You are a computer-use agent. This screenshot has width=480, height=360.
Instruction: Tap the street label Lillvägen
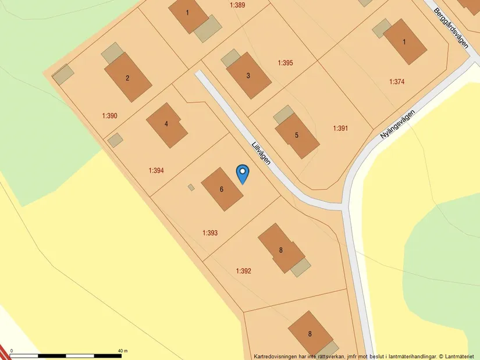[x=262, y=154]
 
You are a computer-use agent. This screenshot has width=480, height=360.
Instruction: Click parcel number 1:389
[x=237, y=5]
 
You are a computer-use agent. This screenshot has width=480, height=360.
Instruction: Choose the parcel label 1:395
[x=285, y=63]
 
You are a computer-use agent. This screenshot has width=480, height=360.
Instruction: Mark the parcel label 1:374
[x=397, y=82]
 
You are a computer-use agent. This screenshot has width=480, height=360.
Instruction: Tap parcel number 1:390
[x=109, y=116]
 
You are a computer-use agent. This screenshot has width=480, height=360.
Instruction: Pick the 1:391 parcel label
[x=340, y=129]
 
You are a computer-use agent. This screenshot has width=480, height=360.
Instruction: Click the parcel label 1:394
[x=156, y=171]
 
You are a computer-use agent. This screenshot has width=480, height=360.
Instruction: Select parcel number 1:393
[x=210, y=233]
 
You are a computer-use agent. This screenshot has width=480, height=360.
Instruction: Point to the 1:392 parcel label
[x=244, y=271]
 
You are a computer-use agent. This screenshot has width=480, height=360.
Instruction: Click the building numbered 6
[x=222, y=189]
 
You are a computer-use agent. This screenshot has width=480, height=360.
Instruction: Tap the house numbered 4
[x=167, y=124]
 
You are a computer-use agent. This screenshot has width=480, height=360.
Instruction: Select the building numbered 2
[x=128, y=77]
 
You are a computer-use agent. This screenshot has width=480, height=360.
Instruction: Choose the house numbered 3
[x=248, y=76]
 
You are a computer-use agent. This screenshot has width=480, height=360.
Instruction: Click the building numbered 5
[x=297, y=136]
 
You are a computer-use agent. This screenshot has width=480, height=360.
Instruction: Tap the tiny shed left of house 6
[x=191, y=187]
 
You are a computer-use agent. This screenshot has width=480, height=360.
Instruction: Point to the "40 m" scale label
[x=122, y=351]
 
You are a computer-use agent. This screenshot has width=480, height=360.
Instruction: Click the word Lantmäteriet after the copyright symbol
[x=461, y=356]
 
